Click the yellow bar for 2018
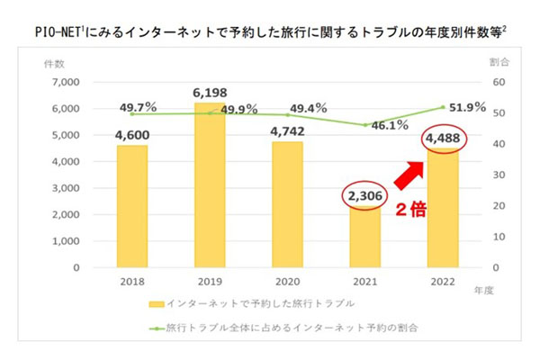131,206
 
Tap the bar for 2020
288,204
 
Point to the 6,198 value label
210,93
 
